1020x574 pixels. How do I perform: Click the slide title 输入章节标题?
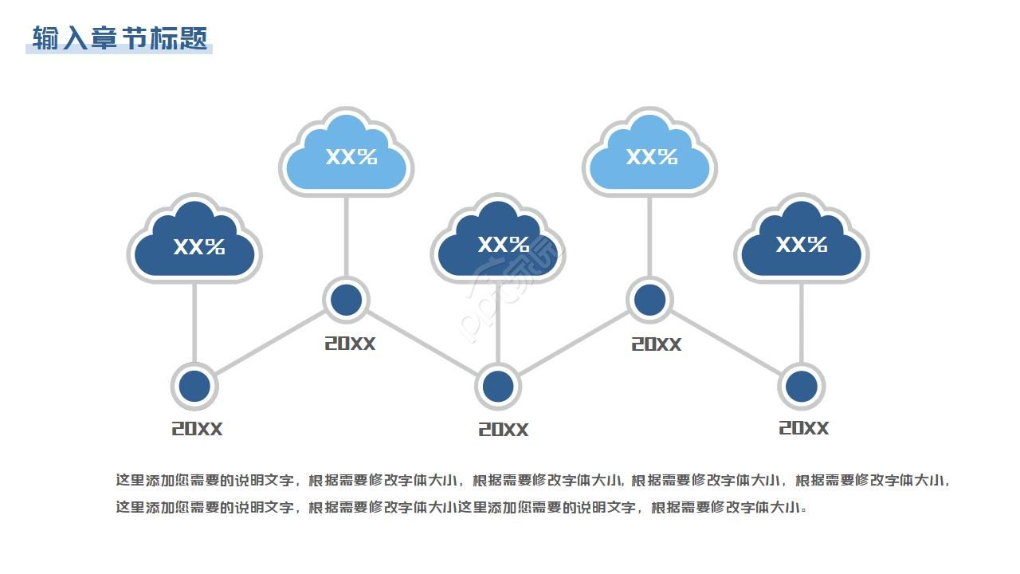(120, 38)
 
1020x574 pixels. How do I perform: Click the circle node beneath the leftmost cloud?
(194, 387)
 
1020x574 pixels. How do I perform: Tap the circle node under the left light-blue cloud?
(346, 301)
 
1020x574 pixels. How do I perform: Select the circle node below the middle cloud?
(498, 387)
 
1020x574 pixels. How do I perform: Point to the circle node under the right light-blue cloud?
(649, 301)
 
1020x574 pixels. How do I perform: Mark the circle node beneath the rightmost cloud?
(801, 387)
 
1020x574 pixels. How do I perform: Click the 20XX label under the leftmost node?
(197, 429)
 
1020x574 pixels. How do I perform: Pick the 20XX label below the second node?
(349, 344)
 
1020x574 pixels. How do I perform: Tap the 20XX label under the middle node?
(503, 430)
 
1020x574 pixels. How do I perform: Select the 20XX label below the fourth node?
(656, 344)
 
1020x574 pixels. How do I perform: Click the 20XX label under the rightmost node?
(803, 428)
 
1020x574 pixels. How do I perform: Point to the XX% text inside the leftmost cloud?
(199, 247)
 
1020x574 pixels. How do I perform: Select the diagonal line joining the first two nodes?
(270, 344)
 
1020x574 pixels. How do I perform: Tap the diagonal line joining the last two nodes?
(725, 344)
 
